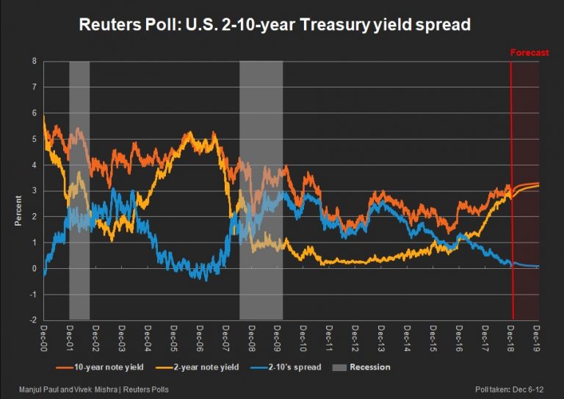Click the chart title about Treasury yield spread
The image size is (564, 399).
(x=275, y=26)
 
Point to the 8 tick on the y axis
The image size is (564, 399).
(x=33, y=61)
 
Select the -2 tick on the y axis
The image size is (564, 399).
(x=32, y=320)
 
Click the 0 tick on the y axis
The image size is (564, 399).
(x=33, y=269)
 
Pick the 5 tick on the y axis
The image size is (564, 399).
(x=33, y=139)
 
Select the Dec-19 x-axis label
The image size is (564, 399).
(x=538, y=338)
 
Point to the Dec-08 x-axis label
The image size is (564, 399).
(x=251, y=338)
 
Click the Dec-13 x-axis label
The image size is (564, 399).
(x=381, y=338)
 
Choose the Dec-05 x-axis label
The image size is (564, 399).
(x=173, y=338)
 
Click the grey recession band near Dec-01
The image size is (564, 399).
(x=79, y=191)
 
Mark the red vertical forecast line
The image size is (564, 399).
(x=511, y=191)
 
